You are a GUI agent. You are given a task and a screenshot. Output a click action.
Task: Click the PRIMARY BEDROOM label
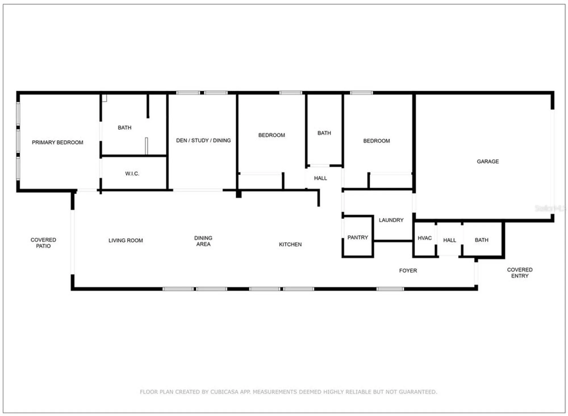pyautogui.click(x=57, y=142)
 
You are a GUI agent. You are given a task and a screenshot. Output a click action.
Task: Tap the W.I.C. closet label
pyautogui.click(x=132, y=174)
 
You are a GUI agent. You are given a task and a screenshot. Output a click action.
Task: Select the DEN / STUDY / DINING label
pyautogui.click(x=203, y=140)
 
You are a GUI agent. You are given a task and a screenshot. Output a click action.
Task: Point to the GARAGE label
pyautogui.click(x=488, y=161)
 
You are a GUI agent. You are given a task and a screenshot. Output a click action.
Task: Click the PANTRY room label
pyautogui.click(x=358, y=238)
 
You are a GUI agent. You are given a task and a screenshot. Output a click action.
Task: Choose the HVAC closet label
pyautogui.click(x=425, y=238)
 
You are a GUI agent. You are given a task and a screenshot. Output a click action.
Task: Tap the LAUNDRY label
pyautogui.click(x=391, y=220)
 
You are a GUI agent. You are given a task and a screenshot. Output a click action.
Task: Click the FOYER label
pyautogui.click(x=408, y=271)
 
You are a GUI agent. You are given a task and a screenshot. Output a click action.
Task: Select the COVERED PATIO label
pyautogui.click(x=43, y=243)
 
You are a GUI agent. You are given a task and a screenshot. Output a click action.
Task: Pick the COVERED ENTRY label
pyautogui.click(x=520, y=273)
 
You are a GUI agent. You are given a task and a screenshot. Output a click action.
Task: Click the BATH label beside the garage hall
pyautogui.click(x=481, y=240)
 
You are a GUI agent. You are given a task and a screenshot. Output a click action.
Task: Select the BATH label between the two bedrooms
pyautogui.click(x=324, y=133)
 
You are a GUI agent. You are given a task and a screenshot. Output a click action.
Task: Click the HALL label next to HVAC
pyautogui.click(x=450, y=240)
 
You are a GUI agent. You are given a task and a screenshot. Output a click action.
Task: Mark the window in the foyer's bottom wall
pyautogui.click(x=390, y=289)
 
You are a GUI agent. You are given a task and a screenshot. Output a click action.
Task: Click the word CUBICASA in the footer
pyautogui.click(x=224, y=392)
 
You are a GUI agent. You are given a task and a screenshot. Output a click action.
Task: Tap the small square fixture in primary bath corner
pyautogui.click(x=105, y=98)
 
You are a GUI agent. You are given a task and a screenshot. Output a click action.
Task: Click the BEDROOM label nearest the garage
pyautogui.click(x=376, y=141)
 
